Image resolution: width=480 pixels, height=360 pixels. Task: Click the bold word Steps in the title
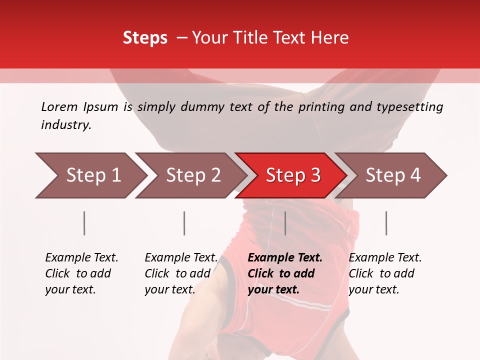(145, 38)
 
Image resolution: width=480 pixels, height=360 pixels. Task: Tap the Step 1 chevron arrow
(93, 175)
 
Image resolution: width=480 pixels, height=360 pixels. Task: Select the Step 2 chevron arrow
(193, 175)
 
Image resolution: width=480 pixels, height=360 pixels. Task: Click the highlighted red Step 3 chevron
(293, 175)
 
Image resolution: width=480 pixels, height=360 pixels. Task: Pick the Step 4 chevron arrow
(393, 175)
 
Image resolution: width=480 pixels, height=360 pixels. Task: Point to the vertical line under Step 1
(84, 223)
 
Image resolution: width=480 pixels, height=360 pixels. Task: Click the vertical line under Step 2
(184, 223)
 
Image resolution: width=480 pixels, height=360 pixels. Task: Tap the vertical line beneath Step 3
(285, 223)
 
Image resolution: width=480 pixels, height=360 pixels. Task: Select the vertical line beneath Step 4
(386, 223)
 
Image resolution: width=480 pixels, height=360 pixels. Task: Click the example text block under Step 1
(81, 273)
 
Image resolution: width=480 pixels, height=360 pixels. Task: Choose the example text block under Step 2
(181, 273)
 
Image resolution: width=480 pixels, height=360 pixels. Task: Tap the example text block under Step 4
(385, 273)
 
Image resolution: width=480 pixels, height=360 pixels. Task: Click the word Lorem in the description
(59, 106)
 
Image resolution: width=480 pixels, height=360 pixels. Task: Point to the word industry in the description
(66, 124)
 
